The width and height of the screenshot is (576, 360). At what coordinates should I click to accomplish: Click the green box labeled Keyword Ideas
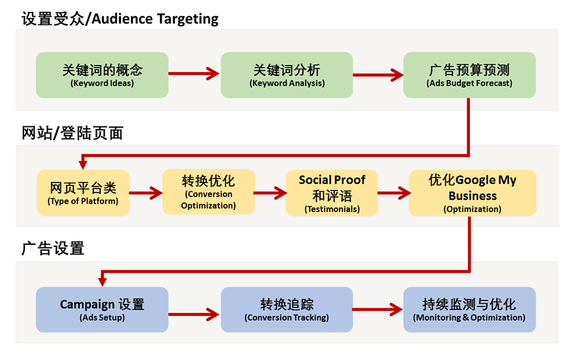tap(102, 75)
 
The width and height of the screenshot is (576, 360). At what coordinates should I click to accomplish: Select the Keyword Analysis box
tap(287, 75)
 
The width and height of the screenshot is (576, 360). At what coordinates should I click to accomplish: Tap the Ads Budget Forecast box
tap(469, 75)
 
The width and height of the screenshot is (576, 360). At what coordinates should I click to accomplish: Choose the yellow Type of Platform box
tap(83, 193)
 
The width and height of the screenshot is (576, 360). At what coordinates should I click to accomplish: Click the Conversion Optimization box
tap(208, 191)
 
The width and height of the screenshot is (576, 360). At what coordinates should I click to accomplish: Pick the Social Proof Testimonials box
tap(332, 193)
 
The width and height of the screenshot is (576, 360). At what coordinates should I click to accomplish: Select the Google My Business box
tap(472, 193)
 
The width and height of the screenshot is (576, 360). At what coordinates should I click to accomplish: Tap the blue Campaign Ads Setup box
tap(102, 310)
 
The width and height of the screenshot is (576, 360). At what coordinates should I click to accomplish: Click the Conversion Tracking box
tap(287, 310)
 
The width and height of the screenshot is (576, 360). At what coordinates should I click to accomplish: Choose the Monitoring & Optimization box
tap(469, 310)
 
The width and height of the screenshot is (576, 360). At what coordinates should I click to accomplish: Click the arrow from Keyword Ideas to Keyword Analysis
tap(194, 75)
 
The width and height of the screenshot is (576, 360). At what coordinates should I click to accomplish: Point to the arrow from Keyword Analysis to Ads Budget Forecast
tap(378, 75)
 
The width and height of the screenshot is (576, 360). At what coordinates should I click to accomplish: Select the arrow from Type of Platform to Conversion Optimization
tap(145, 193)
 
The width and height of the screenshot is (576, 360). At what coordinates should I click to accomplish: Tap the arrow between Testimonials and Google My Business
tap(393, 193)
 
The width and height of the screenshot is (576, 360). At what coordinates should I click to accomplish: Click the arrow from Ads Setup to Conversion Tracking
tap(194, 314)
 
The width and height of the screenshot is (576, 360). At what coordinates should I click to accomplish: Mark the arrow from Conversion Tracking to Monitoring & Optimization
tap(378, 308)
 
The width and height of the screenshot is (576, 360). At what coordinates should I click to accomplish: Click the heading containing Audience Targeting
tap(120, 18)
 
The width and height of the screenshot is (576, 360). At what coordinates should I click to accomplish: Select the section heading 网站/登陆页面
tap(73, 134)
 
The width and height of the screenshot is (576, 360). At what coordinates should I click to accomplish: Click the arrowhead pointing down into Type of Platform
tap(83, 164)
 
